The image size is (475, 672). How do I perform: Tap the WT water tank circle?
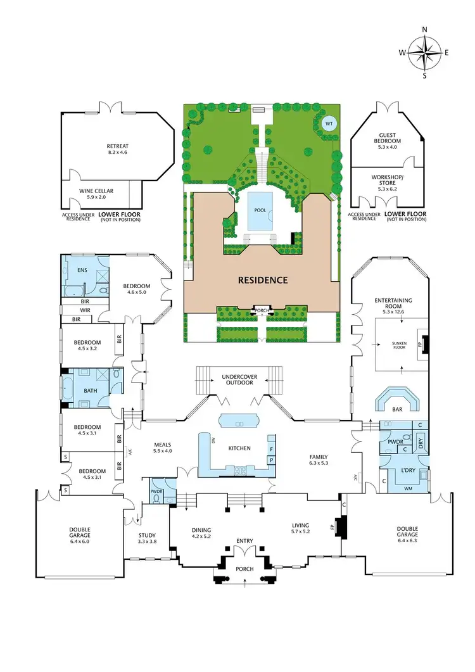pyautogui.click(x=328, y=124)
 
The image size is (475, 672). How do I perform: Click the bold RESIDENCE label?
pyautogui.click(x=263, y=279)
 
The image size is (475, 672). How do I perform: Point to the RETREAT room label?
pyautogui.click(x=117, y=146)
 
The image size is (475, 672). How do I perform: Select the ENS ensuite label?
pyautogui.click(x=82, y=270)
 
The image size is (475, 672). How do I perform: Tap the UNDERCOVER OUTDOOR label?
pyautogui.click(x=239, y=380)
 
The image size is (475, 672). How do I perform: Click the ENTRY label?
pyautogui.click(x=244, y=540)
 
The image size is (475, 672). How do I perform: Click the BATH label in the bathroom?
pyautogui.click(x=90, y=390)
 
